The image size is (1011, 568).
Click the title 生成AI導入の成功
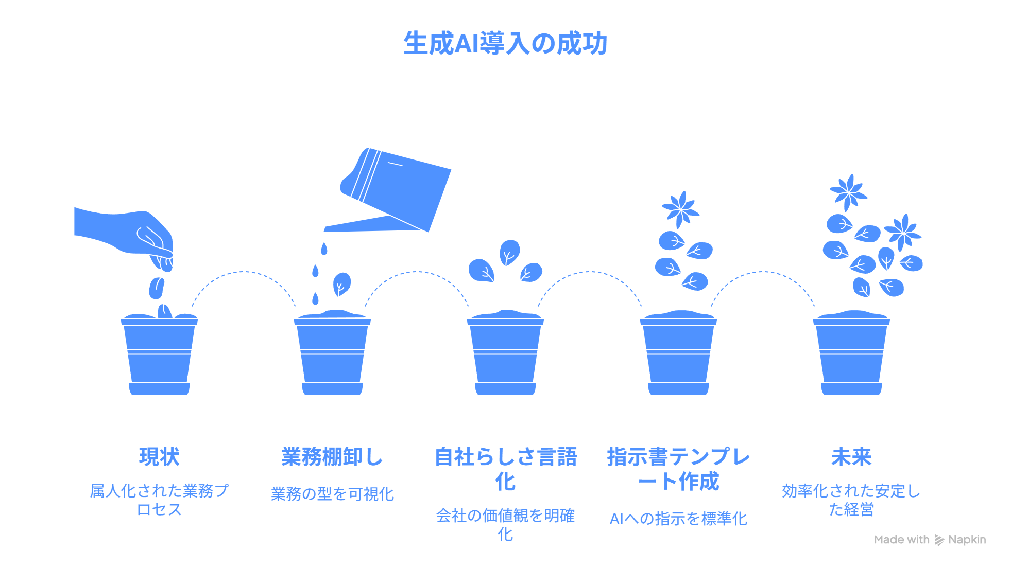505,43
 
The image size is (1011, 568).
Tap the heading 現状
159,457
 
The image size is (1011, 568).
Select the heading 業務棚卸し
332,457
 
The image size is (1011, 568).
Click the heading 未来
851,457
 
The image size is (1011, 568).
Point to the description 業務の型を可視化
332,494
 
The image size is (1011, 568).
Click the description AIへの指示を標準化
678,519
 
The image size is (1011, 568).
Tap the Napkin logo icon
939,540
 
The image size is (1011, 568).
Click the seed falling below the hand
157,288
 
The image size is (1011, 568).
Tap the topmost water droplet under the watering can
324,249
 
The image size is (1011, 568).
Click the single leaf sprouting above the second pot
341,284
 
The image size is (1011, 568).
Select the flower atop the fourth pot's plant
680,209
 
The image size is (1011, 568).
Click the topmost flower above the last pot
848,192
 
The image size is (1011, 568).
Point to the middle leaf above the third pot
509,252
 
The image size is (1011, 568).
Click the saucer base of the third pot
505,389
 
